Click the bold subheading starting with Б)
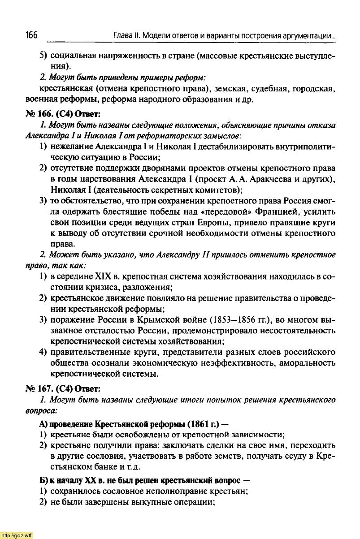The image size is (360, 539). [x=144, y=480]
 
